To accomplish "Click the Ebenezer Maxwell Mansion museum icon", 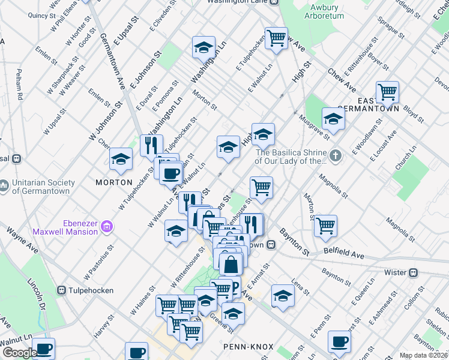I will tap(107, 226).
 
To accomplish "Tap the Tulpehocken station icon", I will tap(62, 290).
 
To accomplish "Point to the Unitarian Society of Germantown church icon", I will tap(4, 187).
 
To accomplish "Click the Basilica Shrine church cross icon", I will tap(336, 156).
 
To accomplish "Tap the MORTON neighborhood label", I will tap(113, 182).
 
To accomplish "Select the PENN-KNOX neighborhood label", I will tap(248, 347).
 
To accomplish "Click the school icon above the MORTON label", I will tap(120, 159).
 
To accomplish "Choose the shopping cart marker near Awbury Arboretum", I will tap(276, 38).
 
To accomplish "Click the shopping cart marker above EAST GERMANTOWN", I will tap(388, 92).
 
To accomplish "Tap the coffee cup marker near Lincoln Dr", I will tap(43, 348).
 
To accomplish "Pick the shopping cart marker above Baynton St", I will tap(325, 225).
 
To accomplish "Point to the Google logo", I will tap(20, 353).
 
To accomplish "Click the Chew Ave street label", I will tap(342, 80).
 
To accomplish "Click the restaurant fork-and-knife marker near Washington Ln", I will tap(151, 145).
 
